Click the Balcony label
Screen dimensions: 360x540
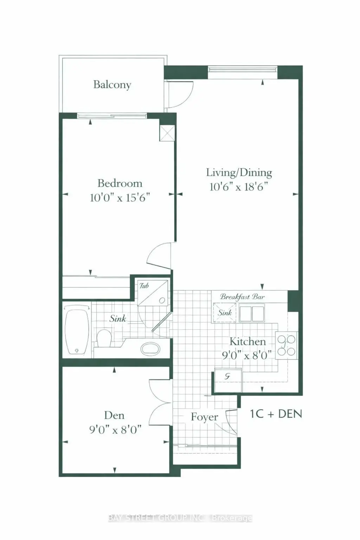point(112,85)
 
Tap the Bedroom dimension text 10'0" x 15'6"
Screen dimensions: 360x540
point(120,198)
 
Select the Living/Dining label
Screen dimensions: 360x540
point(239,173)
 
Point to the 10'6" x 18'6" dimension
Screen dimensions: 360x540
point(239,187)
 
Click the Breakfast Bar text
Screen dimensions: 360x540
point(242,296)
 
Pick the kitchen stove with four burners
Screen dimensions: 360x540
point(287,346)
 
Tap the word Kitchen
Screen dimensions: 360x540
point(247,341)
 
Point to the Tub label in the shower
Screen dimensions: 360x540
point(144,286)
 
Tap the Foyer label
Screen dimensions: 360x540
point(205,417)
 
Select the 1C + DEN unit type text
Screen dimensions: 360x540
point(276,414)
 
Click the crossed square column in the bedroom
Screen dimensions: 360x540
point(167,133)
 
